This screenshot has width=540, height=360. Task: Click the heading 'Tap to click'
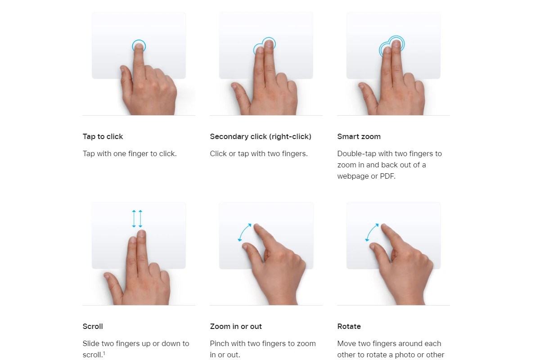coord(103,136)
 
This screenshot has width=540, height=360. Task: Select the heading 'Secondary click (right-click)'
coord(261,136)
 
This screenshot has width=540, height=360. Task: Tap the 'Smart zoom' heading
coord(359,136)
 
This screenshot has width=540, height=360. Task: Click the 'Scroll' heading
coord(93,327)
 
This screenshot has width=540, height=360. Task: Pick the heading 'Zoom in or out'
coord(236,327)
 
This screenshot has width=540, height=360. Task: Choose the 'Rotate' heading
coord(349,327)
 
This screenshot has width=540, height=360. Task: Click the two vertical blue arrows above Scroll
coord(137,219)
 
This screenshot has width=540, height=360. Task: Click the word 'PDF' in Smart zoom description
coord(387,176)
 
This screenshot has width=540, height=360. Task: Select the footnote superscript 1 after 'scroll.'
coord(104,353)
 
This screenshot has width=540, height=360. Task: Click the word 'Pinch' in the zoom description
coord(220,344)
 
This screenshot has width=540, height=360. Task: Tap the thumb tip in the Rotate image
coord(373,247)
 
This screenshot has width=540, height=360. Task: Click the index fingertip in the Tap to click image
coord(139,46)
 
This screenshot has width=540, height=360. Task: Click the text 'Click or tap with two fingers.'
coord(259,153)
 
